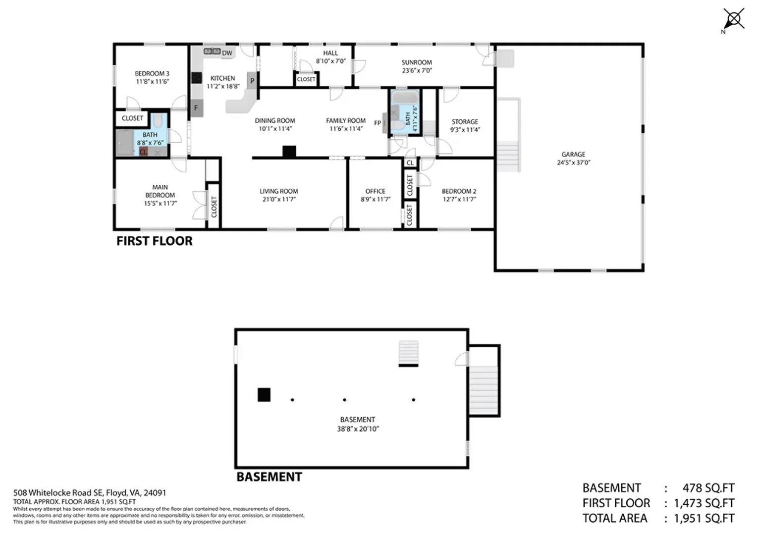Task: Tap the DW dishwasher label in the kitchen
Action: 227,53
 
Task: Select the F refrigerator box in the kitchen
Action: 196,108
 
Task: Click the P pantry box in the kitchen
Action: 252,81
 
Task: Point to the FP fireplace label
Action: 378,123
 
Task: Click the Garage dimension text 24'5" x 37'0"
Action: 574,162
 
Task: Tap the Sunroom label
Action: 417,62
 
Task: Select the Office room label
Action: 375,191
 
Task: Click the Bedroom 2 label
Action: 459,191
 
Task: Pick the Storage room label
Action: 465,122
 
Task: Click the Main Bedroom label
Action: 160,191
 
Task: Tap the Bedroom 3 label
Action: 152,74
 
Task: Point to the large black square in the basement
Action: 264,395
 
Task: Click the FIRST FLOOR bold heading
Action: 155,241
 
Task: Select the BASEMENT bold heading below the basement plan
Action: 269,477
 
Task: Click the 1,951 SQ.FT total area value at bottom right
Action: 704,519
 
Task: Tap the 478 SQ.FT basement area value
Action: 708,488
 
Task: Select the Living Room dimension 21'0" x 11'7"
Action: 279,200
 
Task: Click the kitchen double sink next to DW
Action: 212,52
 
